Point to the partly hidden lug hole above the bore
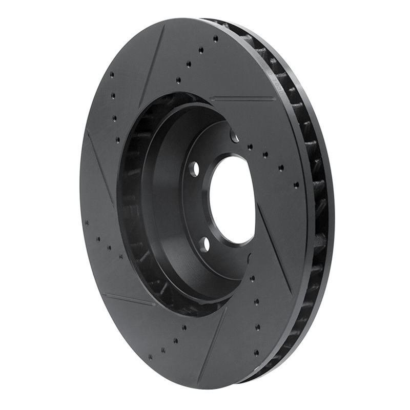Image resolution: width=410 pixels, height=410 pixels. (235, 137)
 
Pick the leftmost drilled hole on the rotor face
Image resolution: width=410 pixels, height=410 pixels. (87, 222)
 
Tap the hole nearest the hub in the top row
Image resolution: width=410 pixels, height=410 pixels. (178, 80)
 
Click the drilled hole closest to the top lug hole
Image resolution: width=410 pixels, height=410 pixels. (250, 147)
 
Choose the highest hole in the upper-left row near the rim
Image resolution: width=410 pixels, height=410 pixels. (112, 75)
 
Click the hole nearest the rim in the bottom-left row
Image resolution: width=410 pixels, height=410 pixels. (150, 357)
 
